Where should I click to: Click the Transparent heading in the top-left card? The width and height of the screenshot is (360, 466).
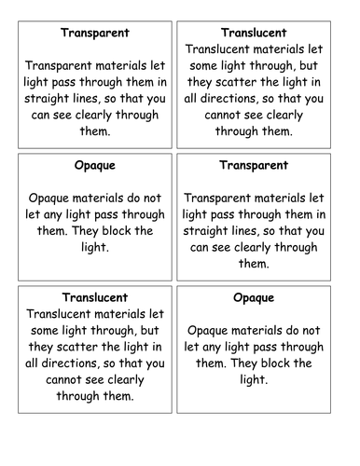[94, 34]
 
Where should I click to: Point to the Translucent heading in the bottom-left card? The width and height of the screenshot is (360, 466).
[94, 297]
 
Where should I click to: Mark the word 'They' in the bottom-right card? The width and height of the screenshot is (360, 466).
[267, 363]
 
